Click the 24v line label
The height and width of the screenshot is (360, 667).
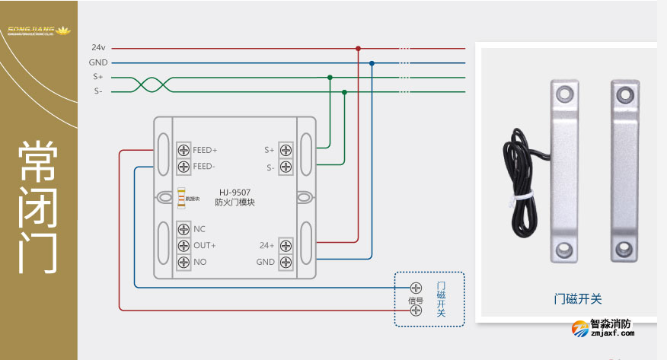[x=98, y=47]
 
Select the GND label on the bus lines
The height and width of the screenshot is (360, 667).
[x=98, y=62]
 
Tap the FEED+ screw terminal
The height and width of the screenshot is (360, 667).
[x=184, y=150]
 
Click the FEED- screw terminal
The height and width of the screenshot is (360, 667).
[x=184, y=166]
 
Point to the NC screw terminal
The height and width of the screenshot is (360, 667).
[x=184, y=228]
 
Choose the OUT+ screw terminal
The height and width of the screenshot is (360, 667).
[x=184, y=245]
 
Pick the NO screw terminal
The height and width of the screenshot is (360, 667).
[x=184, y=262]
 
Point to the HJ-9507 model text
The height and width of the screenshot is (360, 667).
[x=235, y=192]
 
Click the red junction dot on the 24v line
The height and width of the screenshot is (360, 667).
[x=358, y=48]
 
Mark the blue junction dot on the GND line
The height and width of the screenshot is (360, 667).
[x=372, y=63]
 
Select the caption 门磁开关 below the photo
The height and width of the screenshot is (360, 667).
[x=577, y=299]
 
